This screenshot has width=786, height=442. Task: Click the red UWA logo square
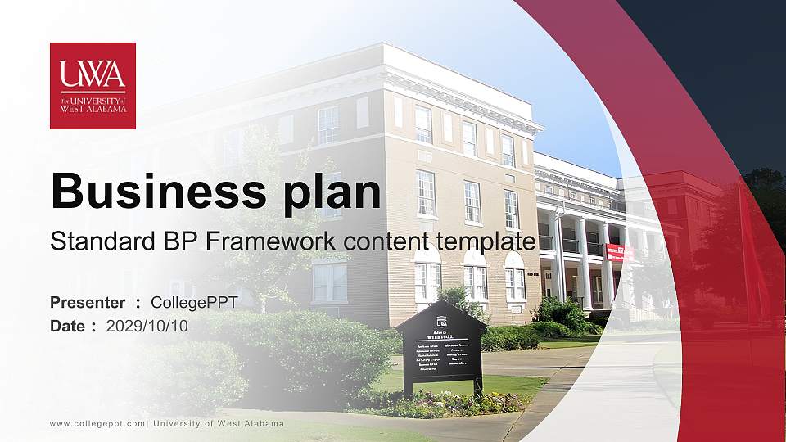coord(93,85)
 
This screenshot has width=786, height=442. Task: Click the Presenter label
coord(88,303)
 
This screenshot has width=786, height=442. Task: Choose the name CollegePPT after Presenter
coord(194,303)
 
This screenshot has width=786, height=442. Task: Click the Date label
coord(69,326)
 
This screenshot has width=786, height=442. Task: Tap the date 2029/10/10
coord(147,326)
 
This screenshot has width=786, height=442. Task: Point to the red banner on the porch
coord(620,251)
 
